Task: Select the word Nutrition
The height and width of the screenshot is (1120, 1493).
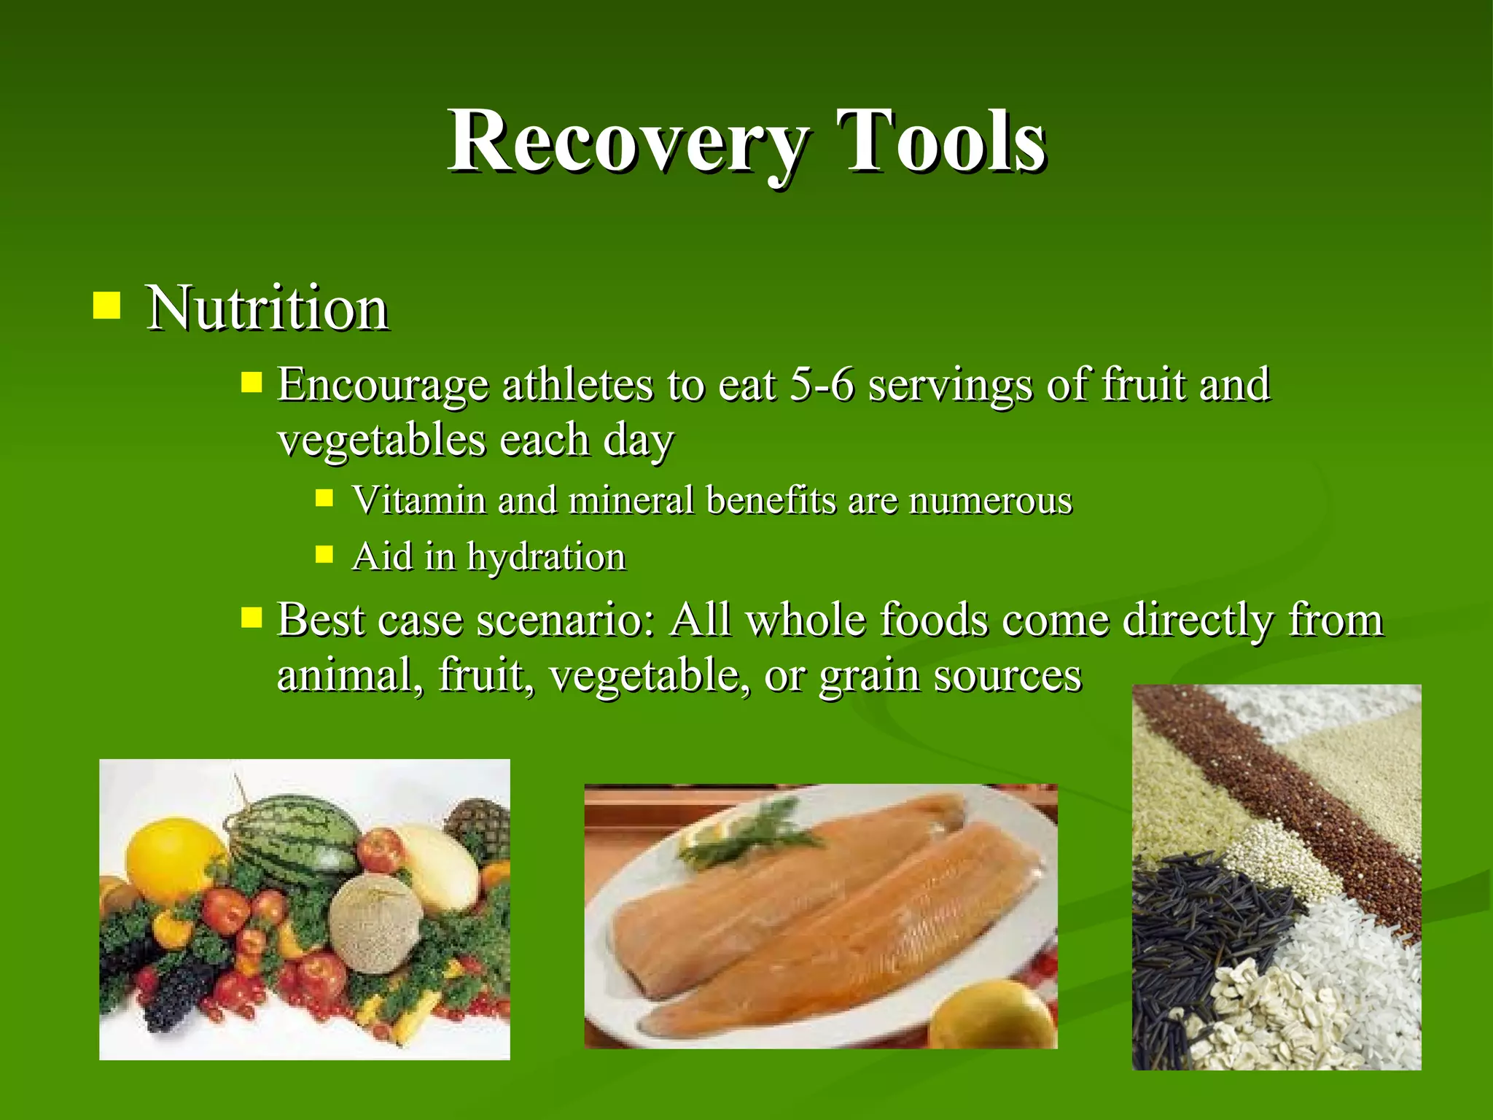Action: pos(267,308)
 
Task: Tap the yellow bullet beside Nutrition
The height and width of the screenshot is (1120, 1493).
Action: pos(106,306)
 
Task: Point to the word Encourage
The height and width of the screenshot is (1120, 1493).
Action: pos(383,386)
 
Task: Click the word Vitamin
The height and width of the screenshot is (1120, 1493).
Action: pos(418,500)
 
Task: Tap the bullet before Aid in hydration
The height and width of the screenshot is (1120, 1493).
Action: pos(324,556)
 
